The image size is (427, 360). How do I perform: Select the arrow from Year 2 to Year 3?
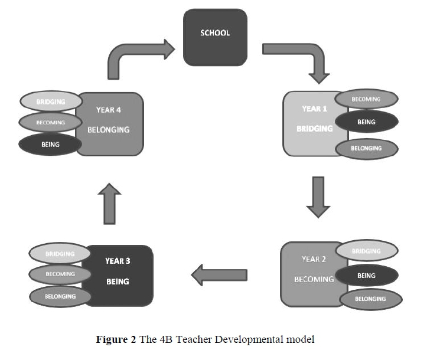[x=218, y=273]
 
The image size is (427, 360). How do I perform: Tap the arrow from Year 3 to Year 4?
[x=109, y=203]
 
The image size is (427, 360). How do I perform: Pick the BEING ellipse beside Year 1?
[x=366, y=122]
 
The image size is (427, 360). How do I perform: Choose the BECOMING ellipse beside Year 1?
[x=366, y=99]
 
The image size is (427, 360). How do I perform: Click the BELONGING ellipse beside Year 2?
[x=370, y=299]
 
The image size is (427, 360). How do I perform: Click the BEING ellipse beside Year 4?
[x=50, y=144]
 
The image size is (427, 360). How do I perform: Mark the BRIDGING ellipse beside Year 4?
[x=50, y=102]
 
